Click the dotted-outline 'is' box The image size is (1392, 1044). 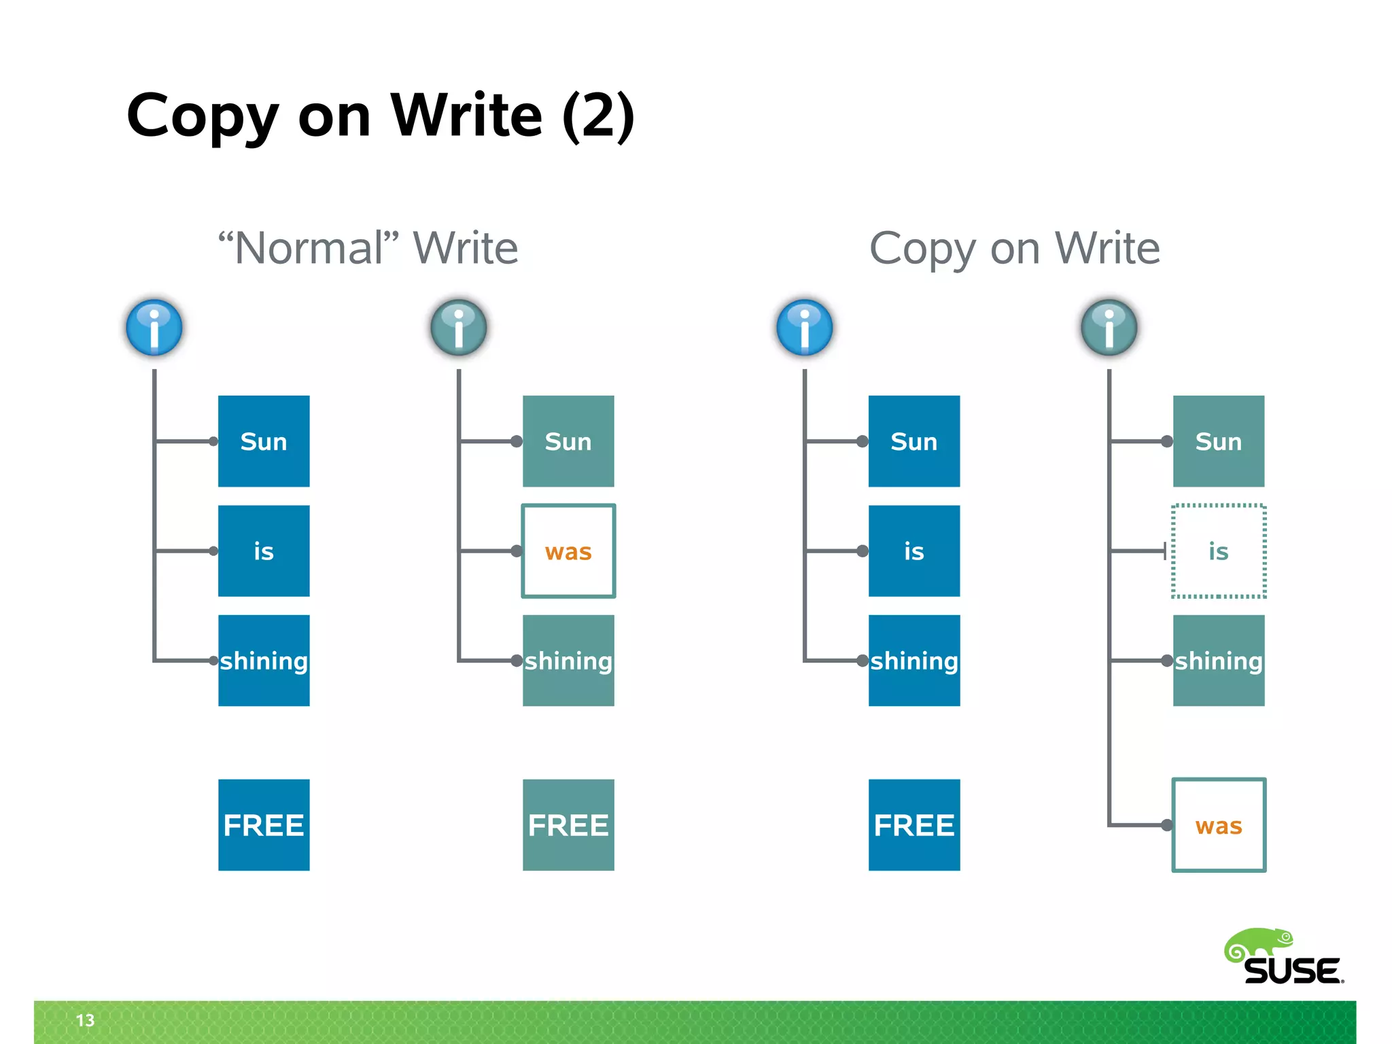pyautogui.click(x=1218, y=551)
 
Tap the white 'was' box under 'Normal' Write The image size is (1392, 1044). pyautogui.click(x=568, y=551)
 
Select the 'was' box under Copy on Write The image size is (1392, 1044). pyautogui.click(x=1218, y=825)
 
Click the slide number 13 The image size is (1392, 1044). pyautogui.click(x=85, y=1020)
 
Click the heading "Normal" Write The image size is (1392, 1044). pyautogui.click(x=368, y=248)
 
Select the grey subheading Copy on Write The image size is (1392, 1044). pyautogui.click(x=1014, y=248)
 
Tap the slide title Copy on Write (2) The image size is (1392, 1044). pyautogui.click(x=381, y=116)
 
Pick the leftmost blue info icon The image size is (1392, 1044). pyautogui.click(x=154, y=328)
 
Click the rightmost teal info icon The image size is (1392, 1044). pyautogui.click(x=1109, y=328)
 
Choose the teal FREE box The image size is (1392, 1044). pyautogui.click(x=568, y=825)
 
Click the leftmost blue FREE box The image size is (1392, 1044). pyautogui.click(x=264, y=825)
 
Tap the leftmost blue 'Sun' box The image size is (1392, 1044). pyautogui.click(x=264, y=441)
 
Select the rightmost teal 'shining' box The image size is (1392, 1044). pyautogui.click(x=1218, y=661)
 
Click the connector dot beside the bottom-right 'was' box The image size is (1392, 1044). pyautogui.click(x=1167, y=825)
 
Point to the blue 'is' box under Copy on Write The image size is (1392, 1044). pyautogui.click(x=913, y=551)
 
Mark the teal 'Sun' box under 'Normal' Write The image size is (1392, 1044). pyautogui.click(x=568, y=441)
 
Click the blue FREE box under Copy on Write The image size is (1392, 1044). pyautogui.click(x=913, y=825)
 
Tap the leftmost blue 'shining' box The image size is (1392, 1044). pyautogui.click(x=264, y=661)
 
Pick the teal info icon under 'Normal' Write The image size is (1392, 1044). pyautogui.click(x=459, y=328)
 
